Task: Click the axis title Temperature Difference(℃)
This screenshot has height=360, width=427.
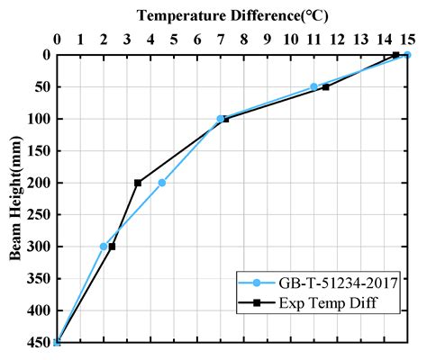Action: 232,14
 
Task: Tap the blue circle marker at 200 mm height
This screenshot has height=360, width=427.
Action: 162,183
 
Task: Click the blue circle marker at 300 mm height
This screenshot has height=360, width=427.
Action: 104,247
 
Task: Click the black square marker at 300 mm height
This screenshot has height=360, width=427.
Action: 112,247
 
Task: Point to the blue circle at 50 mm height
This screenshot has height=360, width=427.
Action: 313,86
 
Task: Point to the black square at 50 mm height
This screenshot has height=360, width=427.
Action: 325,86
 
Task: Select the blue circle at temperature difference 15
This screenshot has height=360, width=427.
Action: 407,55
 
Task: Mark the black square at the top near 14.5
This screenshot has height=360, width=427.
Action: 395,55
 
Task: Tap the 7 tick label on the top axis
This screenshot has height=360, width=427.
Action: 221,40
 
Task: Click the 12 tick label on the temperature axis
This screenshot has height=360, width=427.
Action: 337,40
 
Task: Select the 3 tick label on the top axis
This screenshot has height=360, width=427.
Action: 127,40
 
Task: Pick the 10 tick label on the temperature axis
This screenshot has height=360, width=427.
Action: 290,40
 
